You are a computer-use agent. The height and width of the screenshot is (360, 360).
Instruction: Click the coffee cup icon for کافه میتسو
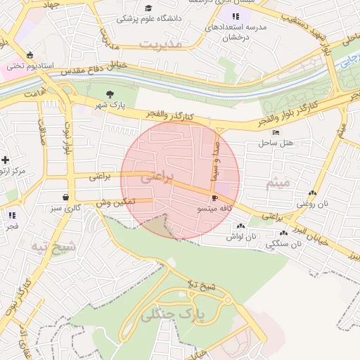pyautogui.click(x=214, y=199)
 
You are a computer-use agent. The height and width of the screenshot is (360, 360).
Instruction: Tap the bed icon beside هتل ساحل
pyautogui.click(x=276, y=132)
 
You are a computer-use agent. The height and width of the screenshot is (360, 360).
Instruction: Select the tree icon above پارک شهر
pyautogui.click(x=108, y=94)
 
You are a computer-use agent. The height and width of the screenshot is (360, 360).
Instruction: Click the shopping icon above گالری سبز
pyautogui.click(x=65, y=198)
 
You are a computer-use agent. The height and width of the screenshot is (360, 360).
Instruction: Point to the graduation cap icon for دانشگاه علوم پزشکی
pyautogui.click(x=148, y=8)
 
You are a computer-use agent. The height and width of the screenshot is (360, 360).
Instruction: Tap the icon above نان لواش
pyautogui.click(x=241, y=226)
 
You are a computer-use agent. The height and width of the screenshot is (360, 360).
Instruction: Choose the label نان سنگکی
pyautogui.click(x=285, y=243)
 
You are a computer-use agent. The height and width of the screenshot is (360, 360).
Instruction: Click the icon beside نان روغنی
pyautogui.click(x=311, y=193)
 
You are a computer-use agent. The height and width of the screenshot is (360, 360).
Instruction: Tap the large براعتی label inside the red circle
pyautogui.click(x=157, y=179)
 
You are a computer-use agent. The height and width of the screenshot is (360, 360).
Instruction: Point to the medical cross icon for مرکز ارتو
pyautogui.click(x=5, y=160)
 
